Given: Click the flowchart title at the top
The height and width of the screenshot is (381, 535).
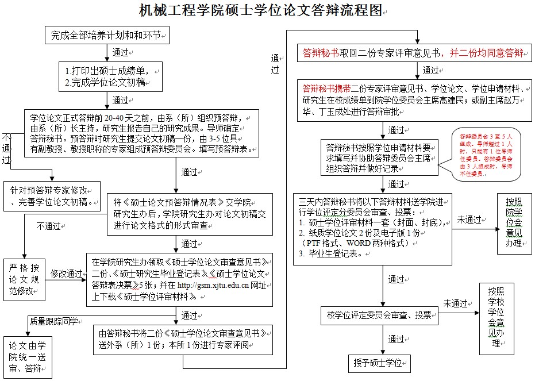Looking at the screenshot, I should coord(260,10).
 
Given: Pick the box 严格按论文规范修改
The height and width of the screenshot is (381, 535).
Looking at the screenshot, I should coord(24,279).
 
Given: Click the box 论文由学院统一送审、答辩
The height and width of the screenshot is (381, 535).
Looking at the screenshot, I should coord(27,357).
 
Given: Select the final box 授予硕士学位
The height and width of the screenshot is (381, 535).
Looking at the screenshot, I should coord(380,363).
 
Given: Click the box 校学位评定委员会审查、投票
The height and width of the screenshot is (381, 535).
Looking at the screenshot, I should coord(379,314).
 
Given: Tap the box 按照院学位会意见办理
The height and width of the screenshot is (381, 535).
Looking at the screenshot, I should coord(514,223).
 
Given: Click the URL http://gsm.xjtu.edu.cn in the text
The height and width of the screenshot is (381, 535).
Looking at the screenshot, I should coord(212,286).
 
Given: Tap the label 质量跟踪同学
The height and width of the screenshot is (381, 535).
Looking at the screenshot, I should coord(54,321).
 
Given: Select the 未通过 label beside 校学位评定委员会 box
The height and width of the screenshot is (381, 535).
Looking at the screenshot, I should coord(455,303).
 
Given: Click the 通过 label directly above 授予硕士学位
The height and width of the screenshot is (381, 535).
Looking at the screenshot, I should coord(396,339).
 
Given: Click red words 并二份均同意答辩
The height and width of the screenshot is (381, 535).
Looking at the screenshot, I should coord(486,53).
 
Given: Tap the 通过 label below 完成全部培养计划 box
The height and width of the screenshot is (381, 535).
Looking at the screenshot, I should coord(121,52).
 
